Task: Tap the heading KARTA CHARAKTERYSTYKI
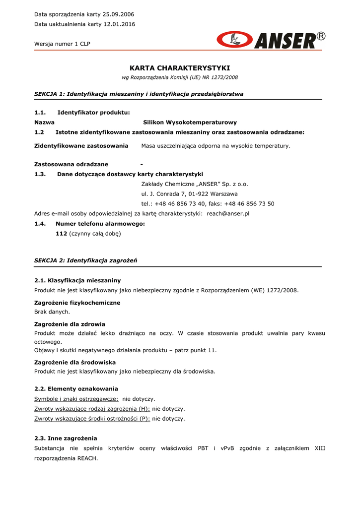180,68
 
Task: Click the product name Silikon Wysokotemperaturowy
190,122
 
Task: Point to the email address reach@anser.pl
228,213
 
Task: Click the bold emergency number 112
61,233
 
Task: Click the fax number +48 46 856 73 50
249,204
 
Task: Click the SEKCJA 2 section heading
85,260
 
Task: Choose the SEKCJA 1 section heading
139,94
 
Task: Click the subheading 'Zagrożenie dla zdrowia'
70,324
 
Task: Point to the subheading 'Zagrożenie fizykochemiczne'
77,303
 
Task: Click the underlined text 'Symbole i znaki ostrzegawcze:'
76,399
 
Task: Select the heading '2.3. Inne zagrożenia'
66,439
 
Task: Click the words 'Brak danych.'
52,312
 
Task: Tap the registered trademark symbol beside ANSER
321,36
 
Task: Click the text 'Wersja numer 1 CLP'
62,44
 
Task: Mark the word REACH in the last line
87,458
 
